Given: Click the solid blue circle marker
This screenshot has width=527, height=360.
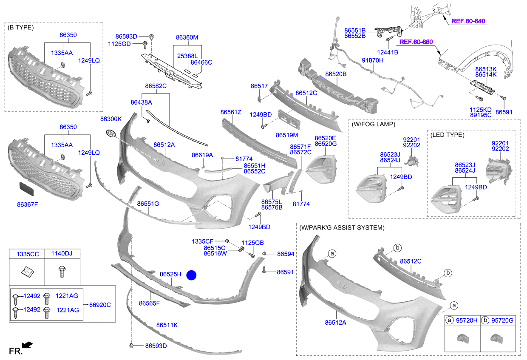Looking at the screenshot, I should (x=192, y=275).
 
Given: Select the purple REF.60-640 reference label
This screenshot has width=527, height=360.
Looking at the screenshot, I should (x=468, y=21).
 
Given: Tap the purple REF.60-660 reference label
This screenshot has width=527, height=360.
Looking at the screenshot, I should (x=416, y=42).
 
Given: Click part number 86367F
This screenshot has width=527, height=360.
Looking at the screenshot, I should (x=28, y=204).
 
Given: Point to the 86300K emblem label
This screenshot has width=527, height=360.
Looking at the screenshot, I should (x=111, y=119).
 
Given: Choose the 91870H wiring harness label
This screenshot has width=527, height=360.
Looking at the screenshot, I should (x=372, y=61).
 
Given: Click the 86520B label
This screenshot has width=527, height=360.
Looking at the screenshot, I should (x=336, y=74).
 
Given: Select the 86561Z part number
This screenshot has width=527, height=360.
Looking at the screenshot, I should (x=231, y=112).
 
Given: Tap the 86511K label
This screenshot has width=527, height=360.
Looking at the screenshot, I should (x=167, y=325).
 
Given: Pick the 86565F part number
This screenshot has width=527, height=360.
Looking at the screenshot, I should (x=149, y=303).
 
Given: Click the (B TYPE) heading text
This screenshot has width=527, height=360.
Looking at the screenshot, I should (x=21, y=28).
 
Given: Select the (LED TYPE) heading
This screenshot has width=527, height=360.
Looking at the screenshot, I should (x=447, y=135).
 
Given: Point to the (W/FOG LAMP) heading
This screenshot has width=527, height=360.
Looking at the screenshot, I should (x=374, y=125).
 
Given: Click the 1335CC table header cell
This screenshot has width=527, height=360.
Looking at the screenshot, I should (x=28, y=254).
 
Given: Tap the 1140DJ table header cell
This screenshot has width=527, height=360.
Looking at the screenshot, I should (x=62, y=254).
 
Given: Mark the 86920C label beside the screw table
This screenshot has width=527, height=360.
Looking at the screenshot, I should (x=99, y=305).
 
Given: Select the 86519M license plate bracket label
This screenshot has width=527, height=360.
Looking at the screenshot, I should (x=287, y=135).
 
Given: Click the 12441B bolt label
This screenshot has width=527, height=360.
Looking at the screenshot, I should (x=387, y=52).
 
